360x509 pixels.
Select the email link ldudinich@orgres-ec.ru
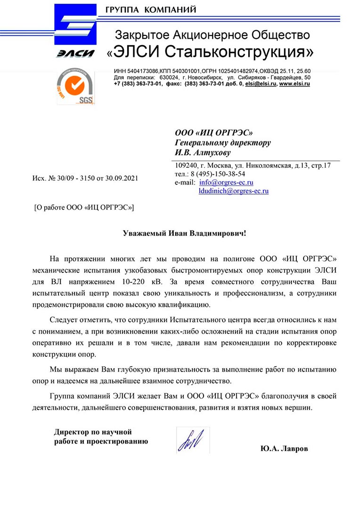[234, 191]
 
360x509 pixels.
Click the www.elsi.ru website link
[295, 83]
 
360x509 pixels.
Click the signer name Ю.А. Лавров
[284, 449]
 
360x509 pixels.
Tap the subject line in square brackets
[84, 207]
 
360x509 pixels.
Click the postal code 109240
[186, 165]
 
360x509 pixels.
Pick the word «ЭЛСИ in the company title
[135, 50]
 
